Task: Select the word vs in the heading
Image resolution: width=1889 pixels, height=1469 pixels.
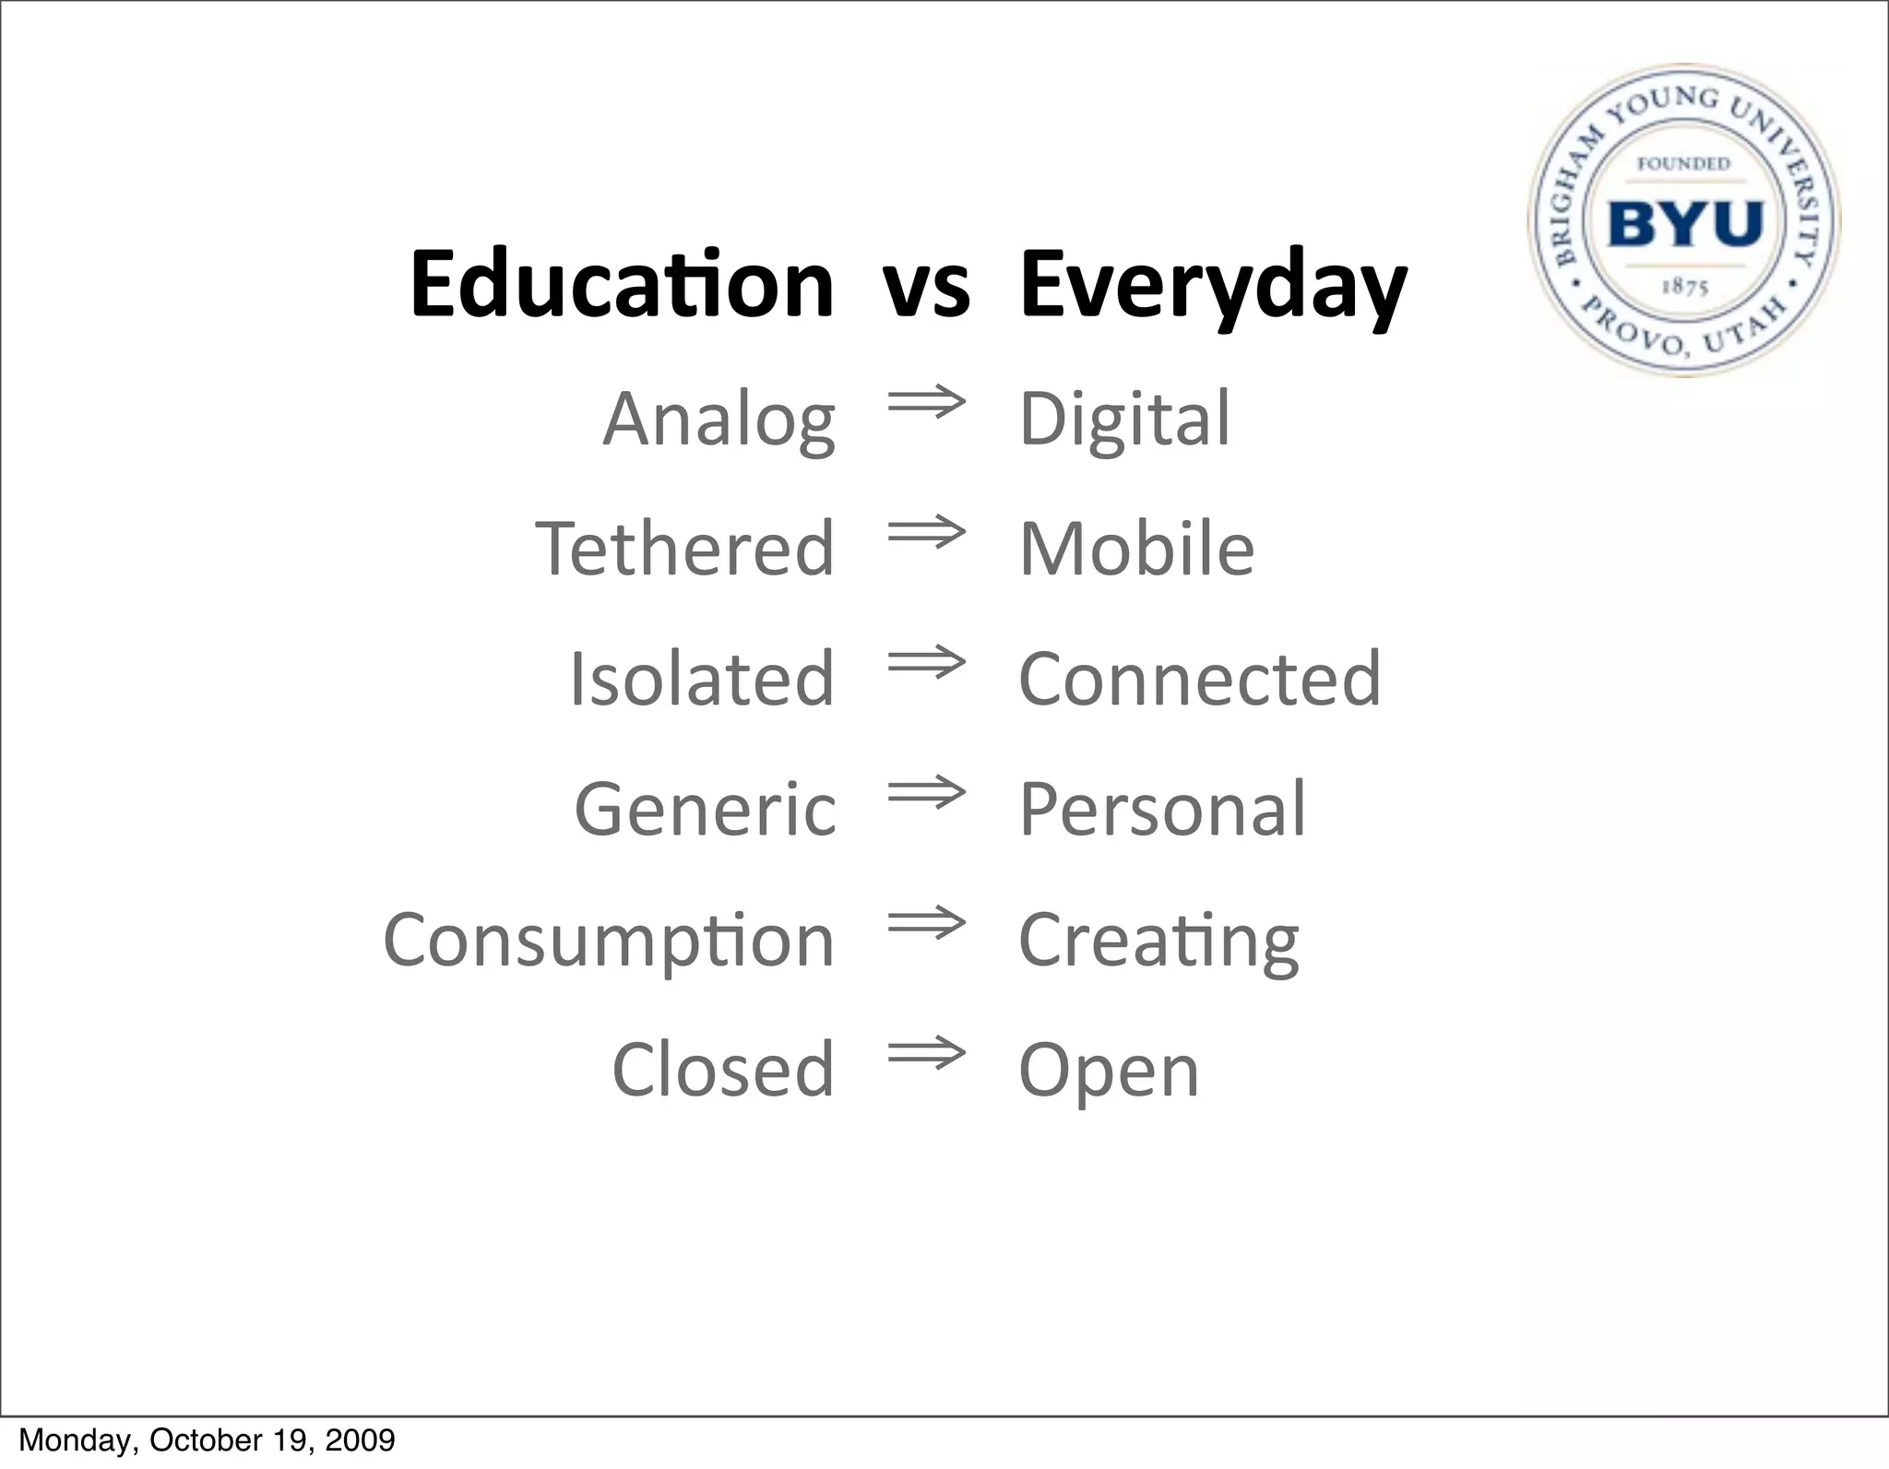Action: pos(926,286)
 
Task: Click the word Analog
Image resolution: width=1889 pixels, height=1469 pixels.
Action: pos(719,420)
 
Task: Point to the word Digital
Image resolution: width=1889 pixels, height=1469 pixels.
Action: pos(1124,420)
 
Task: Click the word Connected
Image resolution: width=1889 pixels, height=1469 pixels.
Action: pos(1200,679)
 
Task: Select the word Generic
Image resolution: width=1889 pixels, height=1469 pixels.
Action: pos(706,810)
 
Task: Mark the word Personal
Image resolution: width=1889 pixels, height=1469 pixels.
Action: pos(1162,810)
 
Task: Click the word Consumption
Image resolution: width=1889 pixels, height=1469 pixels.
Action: pos(609,941)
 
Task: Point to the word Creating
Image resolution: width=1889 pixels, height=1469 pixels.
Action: pos(1158,941)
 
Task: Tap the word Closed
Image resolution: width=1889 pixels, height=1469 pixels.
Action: pos(723,1070)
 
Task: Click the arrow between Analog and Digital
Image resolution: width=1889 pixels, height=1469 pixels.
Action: pos(926,402)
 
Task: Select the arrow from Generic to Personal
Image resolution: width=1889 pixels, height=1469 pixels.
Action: pos(926,792)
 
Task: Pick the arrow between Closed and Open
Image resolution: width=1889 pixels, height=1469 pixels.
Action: pos(926,1053)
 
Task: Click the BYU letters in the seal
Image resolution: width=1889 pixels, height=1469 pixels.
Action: pos(1685,224)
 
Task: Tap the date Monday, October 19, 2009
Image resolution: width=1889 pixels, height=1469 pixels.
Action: pos(207,1440)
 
